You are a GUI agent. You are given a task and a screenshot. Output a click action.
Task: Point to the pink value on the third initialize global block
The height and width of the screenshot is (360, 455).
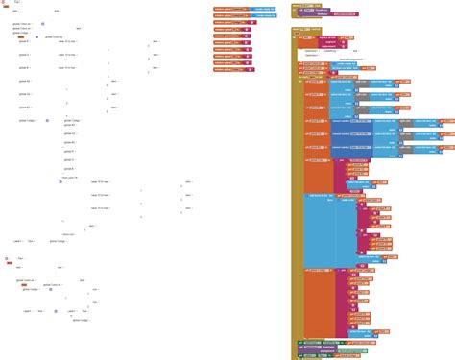pyautogui.click(x=249, y=30)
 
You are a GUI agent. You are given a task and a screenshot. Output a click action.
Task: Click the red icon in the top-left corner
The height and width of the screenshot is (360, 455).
pyautogui.click(x=5, y=4)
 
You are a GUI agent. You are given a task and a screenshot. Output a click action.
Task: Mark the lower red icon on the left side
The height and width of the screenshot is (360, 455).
pyautogui.click(x=7, y=259)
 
